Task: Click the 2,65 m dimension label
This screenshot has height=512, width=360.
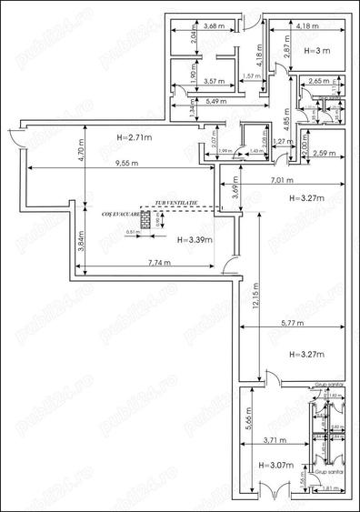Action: [x=318, y=82]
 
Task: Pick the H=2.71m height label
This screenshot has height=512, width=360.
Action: [x=134, y=136]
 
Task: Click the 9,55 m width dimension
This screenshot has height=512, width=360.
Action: [x=114, y=166]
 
